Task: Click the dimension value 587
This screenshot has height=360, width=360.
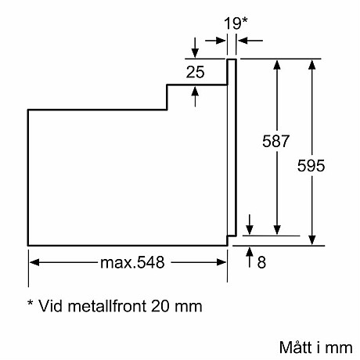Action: pyautogui.click(x=276, y=142)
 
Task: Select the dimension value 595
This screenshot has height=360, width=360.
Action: pyautogui.click(x=311, y=165)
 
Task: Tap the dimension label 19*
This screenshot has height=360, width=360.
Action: pyautogui.click(x=233, y=23)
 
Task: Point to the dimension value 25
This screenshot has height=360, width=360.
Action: pyautogui.click(x=195, y=73)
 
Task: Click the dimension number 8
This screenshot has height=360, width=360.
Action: pyautogui.click(x=261, y=264)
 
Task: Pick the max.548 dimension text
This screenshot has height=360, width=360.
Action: pyautogui.click(x=132, y=263)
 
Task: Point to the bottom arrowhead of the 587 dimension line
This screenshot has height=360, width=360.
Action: pyautogui.click(x=276, y=229)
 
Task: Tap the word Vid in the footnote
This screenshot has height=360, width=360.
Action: pyautogui.click(x=52, y=305)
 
